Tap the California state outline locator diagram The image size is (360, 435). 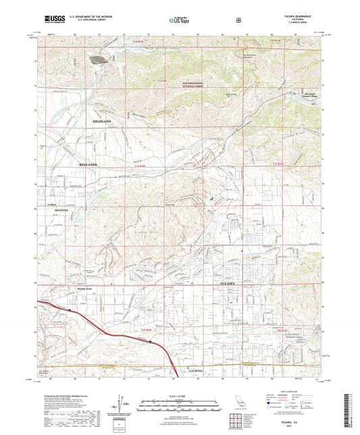(x=241, y=403)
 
